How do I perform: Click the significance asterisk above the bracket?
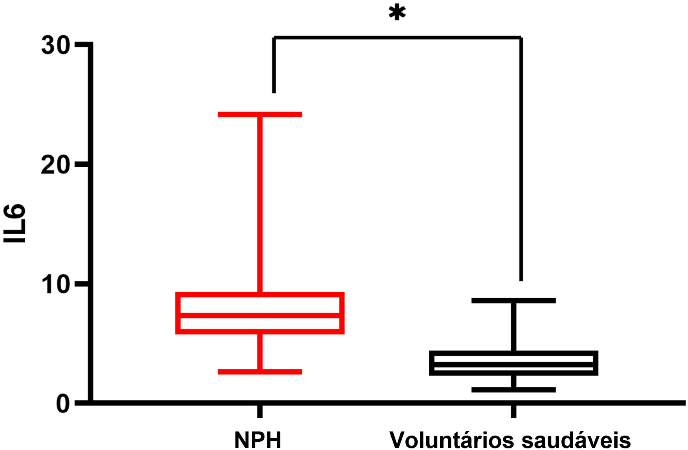tap(397, 13)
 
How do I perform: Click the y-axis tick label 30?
tap(56, 45)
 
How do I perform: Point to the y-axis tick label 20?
tap(56, 165)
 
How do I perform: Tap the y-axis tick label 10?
tap(56, 284)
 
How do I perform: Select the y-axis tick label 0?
tap(63, 404)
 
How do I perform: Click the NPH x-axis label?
tap(258, 440)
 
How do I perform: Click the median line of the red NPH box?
tap(260, 315)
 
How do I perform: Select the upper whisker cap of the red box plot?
tap(260, 114)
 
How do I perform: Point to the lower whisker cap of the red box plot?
tap(260, 372)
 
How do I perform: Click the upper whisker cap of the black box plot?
tap(514, 301)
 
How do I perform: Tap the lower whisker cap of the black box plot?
tap(514, 389)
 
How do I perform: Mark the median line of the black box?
tap(514, 365)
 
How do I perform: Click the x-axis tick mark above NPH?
tap(260, 411)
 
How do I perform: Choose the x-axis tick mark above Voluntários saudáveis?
tap(514, 411)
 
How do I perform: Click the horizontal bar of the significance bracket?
tap(397, 37)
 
